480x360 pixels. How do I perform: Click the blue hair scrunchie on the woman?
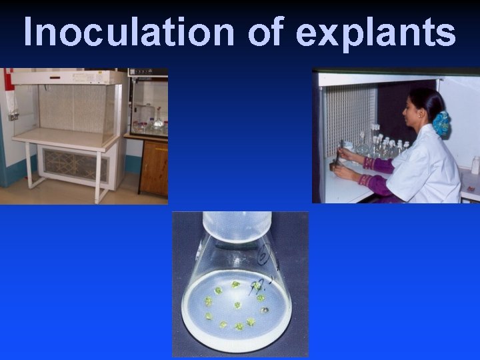441,123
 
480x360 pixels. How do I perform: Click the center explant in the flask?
237,305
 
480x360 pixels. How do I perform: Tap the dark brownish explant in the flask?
266,310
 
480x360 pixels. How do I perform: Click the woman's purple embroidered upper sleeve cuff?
369,163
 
